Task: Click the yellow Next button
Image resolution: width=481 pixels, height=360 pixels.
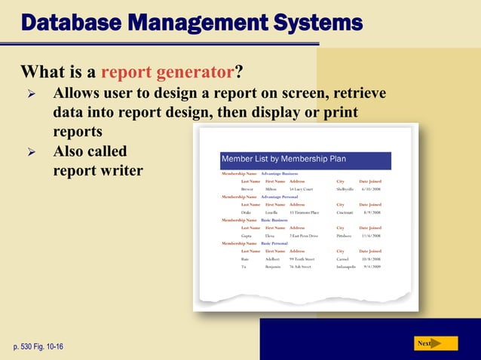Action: [437, 343]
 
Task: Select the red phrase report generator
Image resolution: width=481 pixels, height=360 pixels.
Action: [166, 73]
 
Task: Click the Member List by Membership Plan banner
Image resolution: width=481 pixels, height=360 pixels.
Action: [305, 159]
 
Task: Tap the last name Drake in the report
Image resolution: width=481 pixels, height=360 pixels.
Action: [247, 212]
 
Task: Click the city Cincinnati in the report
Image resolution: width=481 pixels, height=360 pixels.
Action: [348, 212]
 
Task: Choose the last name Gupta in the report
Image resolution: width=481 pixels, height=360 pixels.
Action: [247, 236]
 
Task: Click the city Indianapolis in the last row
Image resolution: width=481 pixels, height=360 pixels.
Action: [349, 267]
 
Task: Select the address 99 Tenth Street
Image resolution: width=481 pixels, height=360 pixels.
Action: [305, 259]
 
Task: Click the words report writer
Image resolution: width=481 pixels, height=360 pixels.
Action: [97, 170]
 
